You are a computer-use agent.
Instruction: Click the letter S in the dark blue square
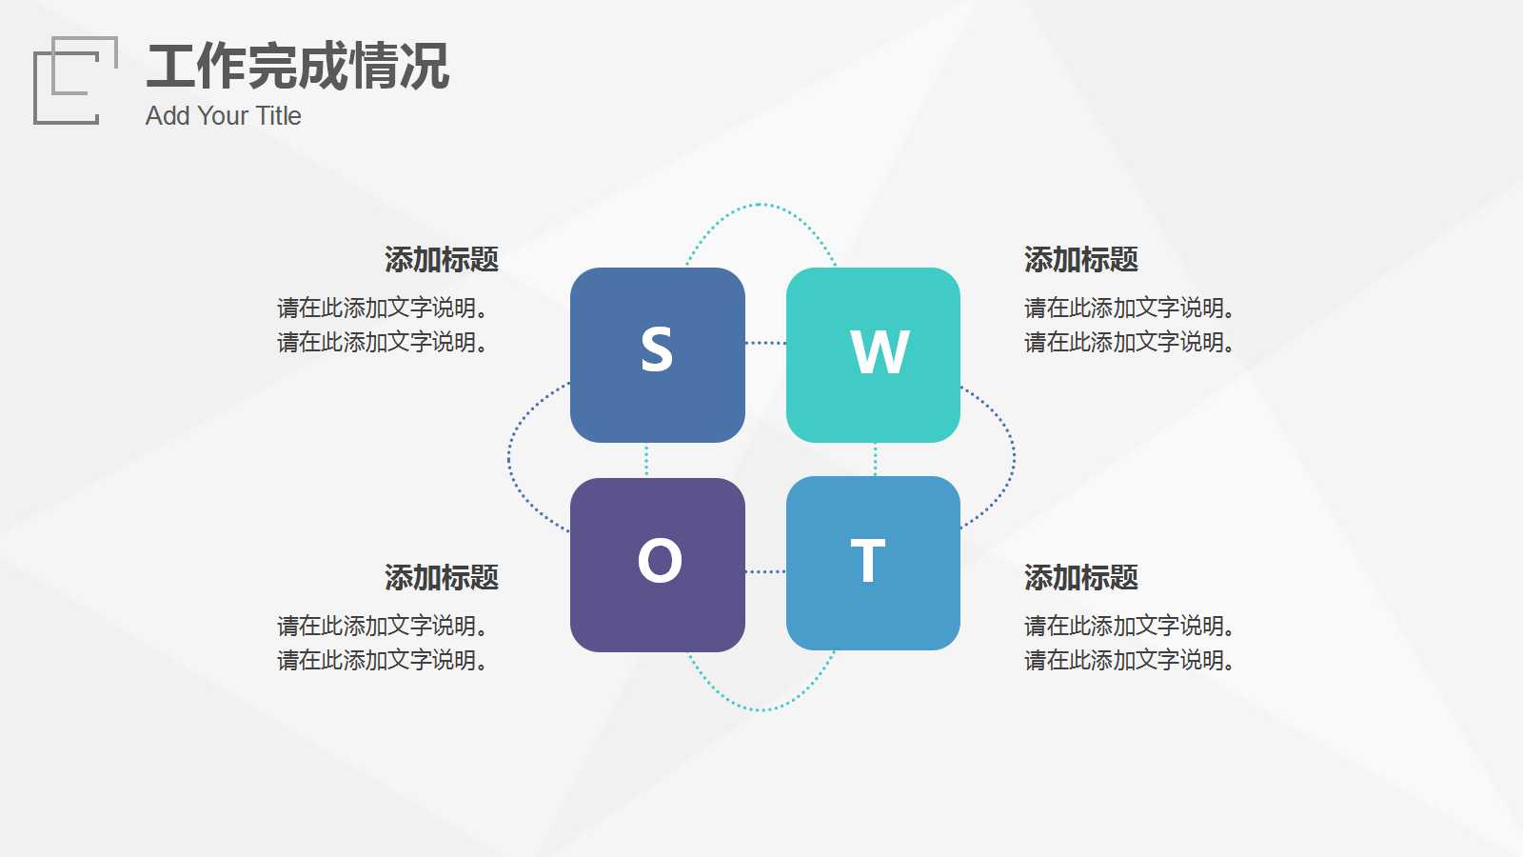[657, 349]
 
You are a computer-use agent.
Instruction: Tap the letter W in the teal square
[880, 351]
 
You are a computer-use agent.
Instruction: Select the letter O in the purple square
[660, 560]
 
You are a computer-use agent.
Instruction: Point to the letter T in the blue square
[867, 561]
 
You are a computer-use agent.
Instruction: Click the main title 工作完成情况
[297, 67]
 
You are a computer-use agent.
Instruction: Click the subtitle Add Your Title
[224, 116]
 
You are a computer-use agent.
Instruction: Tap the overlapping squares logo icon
[75, 80]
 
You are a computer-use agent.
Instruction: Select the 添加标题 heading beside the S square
[442, 259]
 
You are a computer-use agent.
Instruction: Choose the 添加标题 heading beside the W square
[1081, 259]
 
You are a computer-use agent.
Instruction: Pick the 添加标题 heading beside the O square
[442, 577]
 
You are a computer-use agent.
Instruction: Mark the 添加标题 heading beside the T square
[1081, 577]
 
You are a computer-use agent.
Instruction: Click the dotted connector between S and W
[765, 343]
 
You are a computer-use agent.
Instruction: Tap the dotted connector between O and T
[765, 571]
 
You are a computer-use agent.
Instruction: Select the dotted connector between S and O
[646, 460]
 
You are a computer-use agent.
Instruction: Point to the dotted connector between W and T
[875, 459]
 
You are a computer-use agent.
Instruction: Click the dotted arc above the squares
[760, 205]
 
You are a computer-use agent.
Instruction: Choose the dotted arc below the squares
[760, 709]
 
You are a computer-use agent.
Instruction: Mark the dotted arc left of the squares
[510, 458]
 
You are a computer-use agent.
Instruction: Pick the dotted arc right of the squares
[1013, 457]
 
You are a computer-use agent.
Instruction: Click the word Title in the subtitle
[278, 116]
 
